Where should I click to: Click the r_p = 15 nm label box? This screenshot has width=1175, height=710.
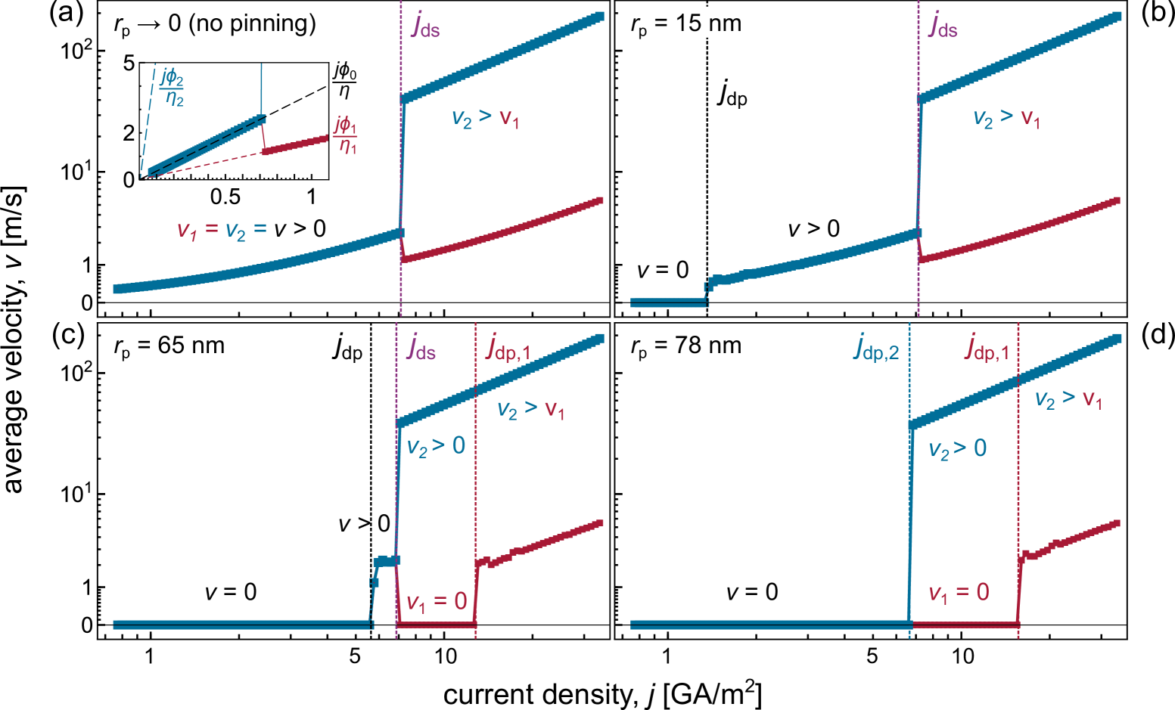(x=684, y=23)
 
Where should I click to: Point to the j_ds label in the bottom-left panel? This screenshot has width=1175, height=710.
(x=421, y=347)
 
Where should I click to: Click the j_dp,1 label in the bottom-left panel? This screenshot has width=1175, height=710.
(x=508, y=347)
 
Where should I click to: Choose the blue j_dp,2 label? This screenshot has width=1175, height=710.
(x=876, y=347)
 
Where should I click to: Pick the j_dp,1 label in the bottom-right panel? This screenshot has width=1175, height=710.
(x=987, y=347)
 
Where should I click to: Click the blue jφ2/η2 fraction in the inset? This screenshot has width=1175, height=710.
(x=173, y=87)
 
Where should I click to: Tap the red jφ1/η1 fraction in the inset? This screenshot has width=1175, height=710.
(x=346, y=135)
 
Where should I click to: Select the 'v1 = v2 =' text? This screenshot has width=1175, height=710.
(x=222, y=230)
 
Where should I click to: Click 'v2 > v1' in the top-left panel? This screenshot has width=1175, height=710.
(x=485, y=118)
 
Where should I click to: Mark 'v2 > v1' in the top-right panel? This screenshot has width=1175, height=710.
(x=1006, y=118)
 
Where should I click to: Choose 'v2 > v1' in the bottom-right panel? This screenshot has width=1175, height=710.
(x=1068, y=399)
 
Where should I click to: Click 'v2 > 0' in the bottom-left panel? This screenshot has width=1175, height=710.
(x=436, y=446)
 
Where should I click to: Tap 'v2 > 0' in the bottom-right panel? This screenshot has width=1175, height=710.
(x=957, y=449)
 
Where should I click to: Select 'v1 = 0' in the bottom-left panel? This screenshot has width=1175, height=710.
(x=437, y=602)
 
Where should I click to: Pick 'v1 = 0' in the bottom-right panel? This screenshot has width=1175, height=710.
(x=959, y=593)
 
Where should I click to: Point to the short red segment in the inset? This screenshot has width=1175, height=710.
(x=295, y=146)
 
